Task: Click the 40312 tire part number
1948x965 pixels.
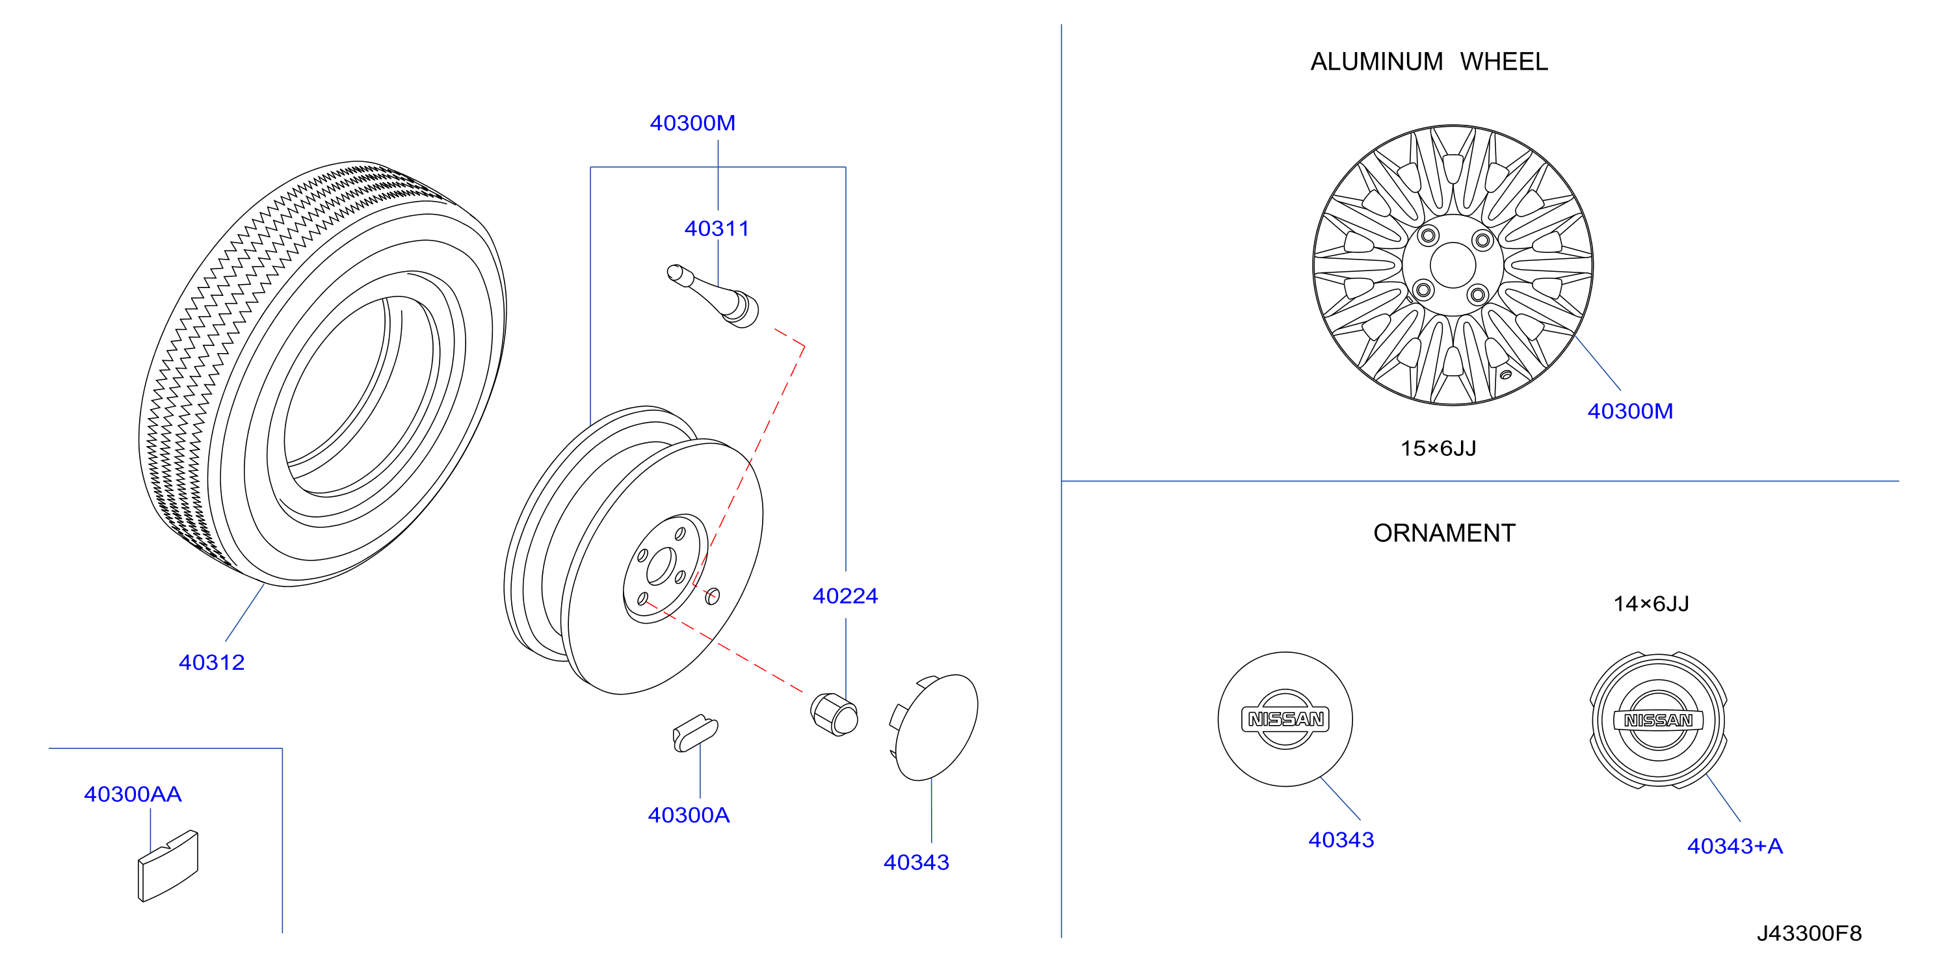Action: pos(212,663)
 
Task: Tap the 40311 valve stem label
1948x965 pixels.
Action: pos(717,228)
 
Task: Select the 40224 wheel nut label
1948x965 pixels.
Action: pos(845,596)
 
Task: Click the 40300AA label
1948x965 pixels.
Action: pos(133,794)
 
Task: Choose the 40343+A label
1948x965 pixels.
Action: pos(1735,846)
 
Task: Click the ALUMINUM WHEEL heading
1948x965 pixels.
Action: pos(1429,61)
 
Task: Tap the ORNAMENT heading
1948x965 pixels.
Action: pos(1444,533)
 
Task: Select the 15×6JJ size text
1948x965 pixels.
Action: pos(1438,449)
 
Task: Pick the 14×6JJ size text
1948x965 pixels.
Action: pos(1652,603)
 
